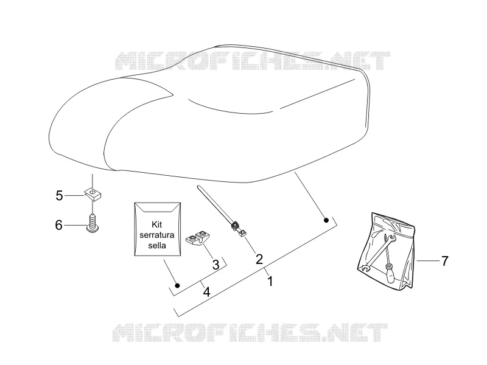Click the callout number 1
pyautogui.click(x=270, y=281)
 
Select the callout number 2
pyautogui.click(x=259, y=259)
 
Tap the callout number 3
pyautogui.click(x=215, y=265)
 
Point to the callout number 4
pyautogui.click(x=206, y=292)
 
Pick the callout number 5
pyautogui.click(x=59, y=196)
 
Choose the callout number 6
pyautogui.click(x=58, y=225)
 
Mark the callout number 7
pyautogui.click(x=445, y=261)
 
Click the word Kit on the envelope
pyautogui.click(x=157, y=224)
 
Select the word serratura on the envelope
pyautogui.click(x=157, y=235)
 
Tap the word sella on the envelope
pyautogui.click(x=157, y=246)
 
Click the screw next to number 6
pyautogui.click(x=92, y=223)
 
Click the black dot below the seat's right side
pyautogui.click(x=326, y=220)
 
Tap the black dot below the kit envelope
pyautogui.click(x=177, y=285)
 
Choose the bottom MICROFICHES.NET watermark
pyautogui.click(x=250, y=332)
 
